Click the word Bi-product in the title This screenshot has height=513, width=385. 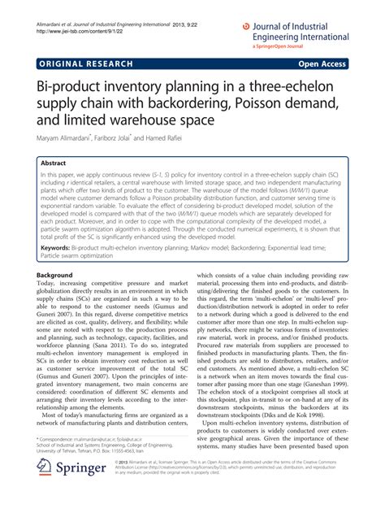[x=72, y=87]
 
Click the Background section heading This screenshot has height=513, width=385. [x=56, y=276]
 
